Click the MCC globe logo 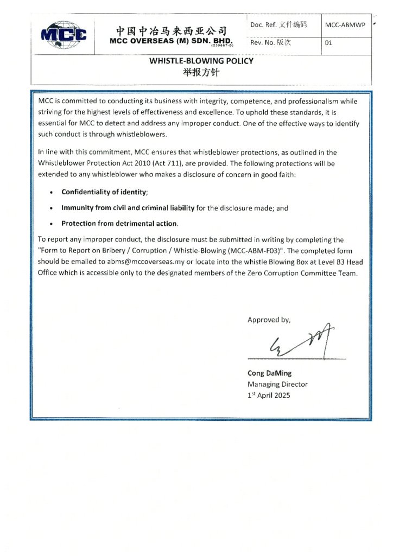click(64, 34)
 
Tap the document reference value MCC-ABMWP click(344, 26)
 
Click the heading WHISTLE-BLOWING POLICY click(201, 61)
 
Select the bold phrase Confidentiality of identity click(104, 192)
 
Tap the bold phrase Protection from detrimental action click(119, 224)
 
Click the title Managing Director click(277, 384)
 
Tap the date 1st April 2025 click(269, 395)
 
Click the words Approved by click(269, 320)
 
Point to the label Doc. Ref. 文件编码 click(278, 25)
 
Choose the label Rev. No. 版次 click(270, 43)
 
